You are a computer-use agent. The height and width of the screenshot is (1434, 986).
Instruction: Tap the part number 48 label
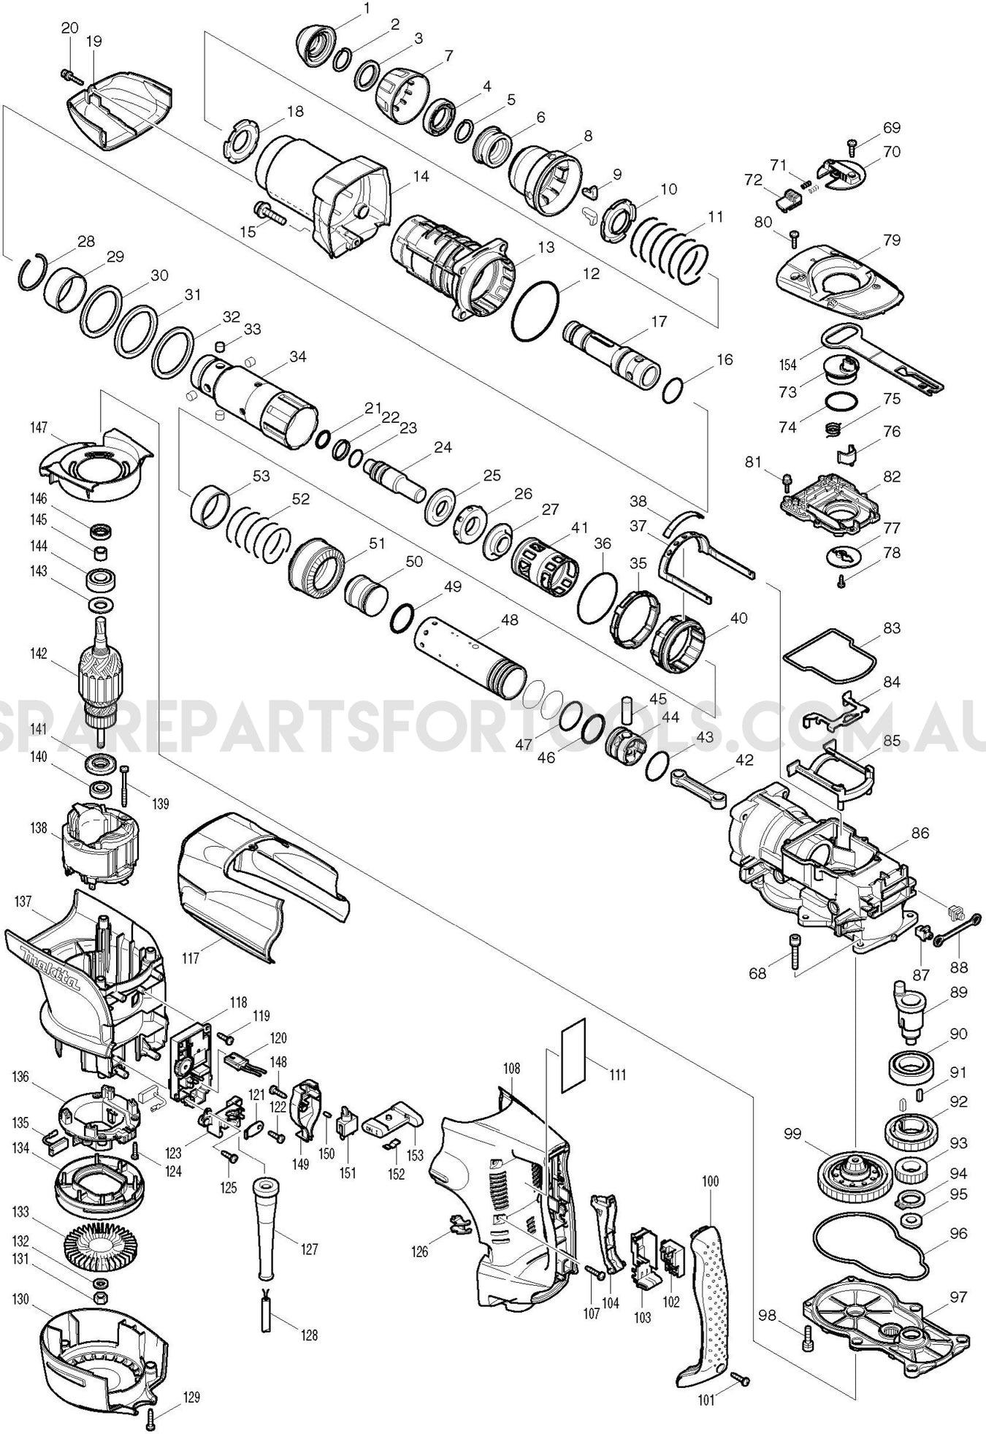509,619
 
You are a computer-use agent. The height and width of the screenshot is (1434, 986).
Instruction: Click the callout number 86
920,833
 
